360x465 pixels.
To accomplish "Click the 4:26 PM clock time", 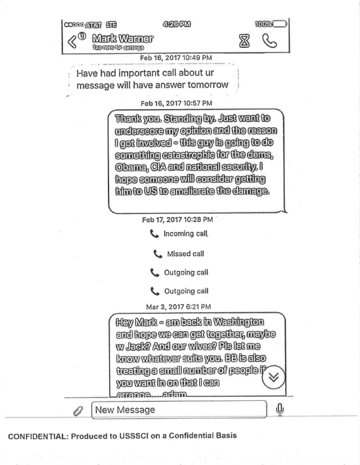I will point(176,24).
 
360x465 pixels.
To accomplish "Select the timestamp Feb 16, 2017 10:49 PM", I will point(176,58).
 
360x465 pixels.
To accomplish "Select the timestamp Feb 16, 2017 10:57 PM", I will point(176,103).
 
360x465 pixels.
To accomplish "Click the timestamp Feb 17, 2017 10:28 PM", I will point(177,219).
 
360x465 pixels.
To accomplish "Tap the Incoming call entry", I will point(179,234).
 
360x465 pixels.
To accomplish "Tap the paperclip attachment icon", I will point(78,411).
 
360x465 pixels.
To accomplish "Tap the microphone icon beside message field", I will point(279,410).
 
